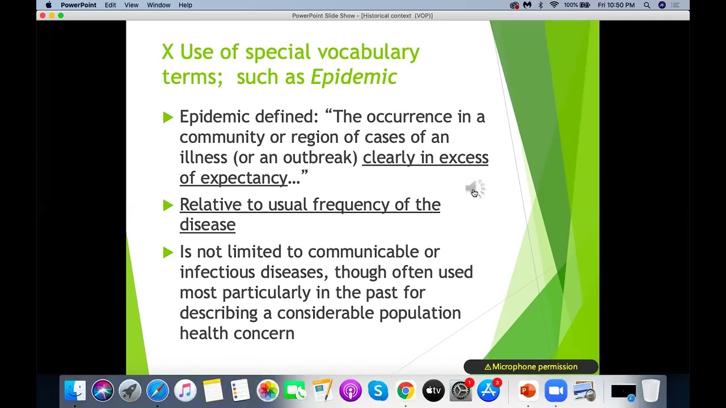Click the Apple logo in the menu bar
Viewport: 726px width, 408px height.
pyautogui.click(x=48, y=5)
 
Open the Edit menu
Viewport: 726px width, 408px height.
pyautogui.click(x=110, y=5)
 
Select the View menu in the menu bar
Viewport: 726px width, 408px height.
pyautogui.click(x=131, y=5)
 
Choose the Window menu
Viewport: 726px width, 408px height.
pyautogui.click(x=159, y=5)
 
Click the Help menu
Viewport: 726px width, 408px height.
pyautogui.click(x=185, y=5)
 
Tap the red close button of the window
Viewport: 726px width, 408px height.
pyautogui.click(x=43, y=15)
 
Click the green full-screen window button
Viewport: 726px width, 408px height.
pyautogui.click(x=61, y=15)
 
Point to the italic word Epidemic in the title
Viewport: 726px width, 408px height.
pyautogui.click(x=353, y=77)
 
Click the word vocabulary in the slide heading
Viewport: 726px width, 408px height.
pyautogui.click(x=368, y=52)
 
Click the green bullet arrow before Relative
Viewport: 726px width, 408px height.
pyautogui.click(x=167, y=205)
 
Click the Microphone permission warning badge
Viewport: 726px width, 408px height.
pyautogui.click(x=531, y=367)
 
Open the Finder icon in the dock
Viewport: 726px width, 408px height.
pyautogui.click(x=75, y=390)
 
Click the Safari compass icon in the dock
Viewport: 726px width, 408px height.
pyautogui.click(x=158, y=390)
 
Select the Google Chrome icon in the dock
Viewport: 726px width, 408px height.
pyautogui.click(x=406, y=390)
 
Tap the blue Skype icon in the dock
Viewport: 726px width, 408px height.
pyautogui.click(x=378, y=390)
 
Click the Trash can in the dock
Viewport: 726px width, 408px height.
pyautogui.click(x=651, y=390)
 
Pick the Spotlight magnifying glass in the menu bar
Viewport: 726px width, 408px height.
pyautogui.click(x=647, y=5)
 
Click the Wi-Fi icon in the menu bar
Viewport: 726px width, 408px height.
pyautogui.click(x=554, y=5)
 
